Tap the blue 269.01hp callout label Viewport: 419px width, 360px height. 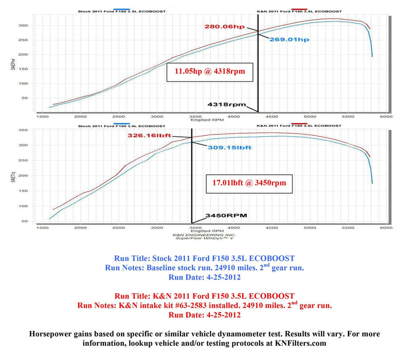point(292,39)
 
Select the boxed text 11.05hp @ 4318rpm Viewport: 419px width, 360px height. point(210,72)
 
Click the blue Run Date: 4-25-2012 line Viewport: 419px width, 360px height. point(204,277)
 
